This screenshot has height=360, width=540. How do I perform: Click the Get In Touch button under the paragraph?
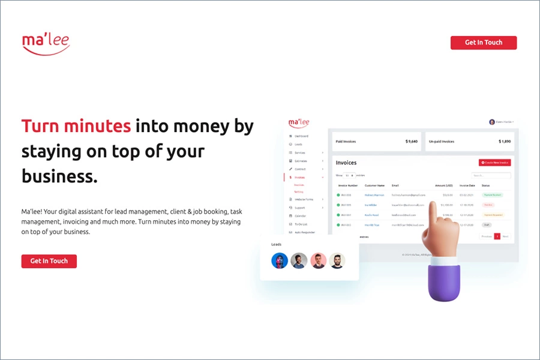coord(49,261)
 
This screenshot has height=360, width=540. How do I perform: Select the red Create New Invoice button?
coord(494,163)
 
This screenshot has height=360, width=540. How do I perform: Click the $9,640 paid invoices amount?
coord(411,142)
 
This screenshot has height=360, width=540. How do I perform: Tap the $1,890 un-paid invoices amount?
coord(504,142)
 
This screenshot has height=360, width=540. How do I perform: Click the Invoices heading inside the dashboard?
coord(346,163)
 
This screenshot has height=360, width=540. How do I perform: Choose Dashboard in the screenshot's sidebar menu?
coord(301,136)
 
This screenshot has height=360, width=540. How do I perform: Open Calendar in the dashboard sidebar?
coord(300,215)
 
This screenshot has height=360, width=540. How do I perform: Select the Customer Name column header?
coord(374,185)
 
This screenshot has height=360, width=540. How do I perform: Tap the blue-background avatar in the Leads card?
coord(280,260)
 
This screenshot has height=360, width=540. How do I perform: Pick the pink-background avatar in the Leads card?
coord(318,260)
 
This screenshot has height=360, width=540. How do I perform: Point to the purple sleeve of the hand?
coord(443,281)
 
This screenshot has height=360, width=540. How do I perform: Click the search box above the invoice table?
coord(490,175)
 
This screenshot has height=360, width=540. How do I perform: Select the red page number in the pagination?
coord(497,236)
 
